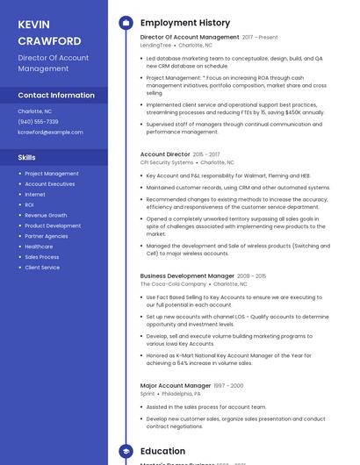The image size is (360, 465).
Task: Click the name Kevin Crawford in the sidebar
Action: [49, 32]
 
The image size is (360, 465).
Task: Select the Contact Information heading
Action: [56, 95]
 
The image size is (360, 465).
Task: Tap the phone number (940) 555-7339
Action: [38, 122]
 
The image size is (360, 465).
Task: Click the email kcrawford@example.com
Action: [50, 132]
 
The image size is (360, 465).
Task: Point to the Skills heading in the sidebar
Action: [27, 157]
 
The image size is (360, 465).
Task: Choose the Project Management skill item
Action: [52, 174]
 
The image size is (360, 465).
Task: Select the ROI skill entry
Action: [30, 205]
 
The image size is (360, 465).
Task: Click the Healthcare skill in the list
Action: [39, 247]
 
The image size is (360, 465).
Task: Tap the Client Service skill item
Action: [42, 268]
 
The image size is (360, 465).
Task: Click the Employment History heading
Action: [185, 23]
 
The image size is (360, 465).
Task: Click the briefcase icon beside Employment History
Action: [126, 23]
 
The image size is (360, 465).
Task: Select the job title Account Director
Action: [165, 154]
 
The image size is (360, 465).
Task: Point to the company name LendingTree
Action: [156, 45]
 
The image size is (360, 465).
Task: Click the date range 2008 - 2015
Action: [252, 276]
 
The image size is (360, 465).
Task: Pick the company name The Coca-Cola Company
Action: [173, 284]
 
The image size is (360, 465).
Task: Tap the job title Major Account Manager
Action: [176, 385]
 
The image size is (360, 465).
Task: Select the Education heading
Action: [162, 451]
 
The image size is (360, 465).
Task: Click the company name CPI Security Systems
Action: [167, 162]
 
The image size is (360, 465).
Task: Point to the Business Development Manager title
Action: [186, 276]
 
